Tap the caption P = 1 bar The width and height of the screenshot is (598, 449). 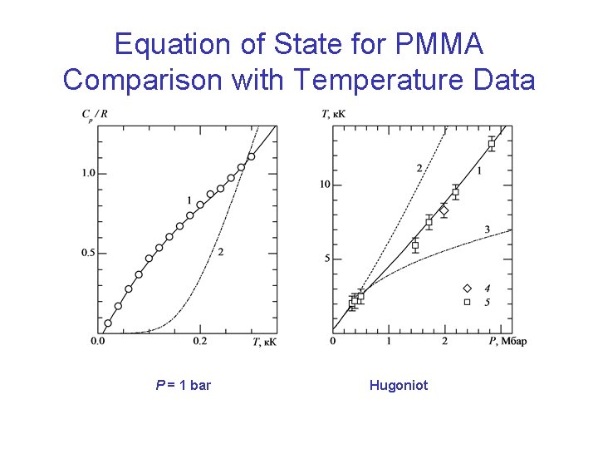tap(183, 385)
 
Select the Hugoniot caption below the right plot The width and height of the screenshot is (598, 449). tap(399, 385)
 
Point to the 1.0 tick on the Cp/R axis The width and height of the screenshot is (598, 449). tap(88, 173)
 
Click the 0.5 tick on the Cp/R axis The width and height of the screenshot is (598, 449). tap(88, 253)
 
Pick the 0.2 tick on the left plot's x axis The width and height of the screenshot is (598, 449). tap(199, 341)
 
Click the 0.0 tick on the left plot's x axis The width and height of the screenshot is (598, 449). tap(97, 341)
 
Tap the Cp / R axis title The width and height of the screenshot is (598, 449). tap(92, 116)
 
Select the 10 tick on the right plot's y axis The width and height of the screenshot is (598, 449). tap(326, 185)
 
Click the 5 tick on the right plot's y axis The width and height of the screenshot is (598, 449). tap(327, 259)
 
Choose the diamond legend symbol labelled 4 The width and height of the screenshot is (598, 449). tap(467, 289)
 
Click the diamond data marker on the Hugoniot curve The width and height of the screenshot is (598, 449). tap(444, 211)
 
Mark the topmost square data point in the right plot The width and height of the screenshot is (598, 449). tap(492, 144)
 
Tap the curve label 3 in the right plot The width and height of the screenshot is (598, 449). tap(488, 229)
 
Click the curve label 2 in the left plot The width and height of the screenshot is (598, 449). tap(220, 252)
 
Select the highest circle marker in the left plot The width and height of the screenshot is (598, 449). tap(251, 156)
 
